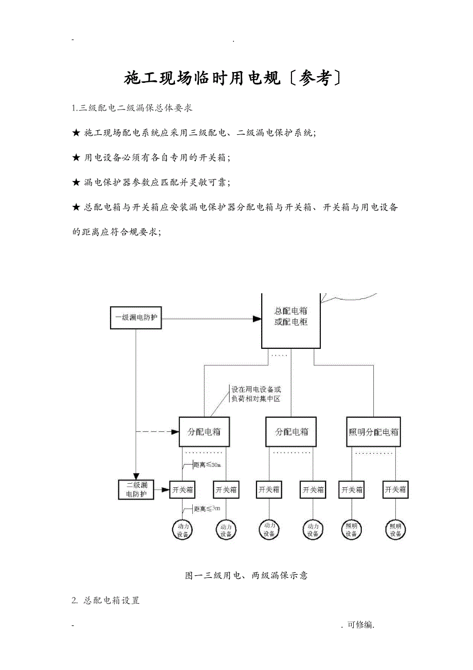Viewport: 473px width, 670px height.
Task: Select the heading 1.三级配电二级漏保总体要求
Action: click(x=133, y=108)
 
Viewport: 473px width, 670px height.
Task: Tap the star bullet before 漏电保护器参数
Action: click(x=76, y=182)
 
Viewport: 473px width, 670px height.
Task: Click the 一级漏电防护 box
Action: click(x=136, y=318)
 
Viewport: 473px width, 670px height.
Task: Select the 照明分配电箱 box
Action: click(x=373, y=432)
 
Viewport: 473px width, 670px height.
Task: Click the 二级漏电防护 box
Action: click(x=136, y=489)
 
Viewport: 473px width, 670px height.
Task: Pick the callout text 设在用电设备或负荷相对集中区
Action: click(x=256, y=394)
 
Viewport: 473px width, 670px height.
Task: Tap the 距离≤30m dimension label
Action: click(x=207, y=465)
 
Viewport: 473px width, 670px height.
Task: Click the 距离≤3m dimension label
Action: click(x=207, y=509)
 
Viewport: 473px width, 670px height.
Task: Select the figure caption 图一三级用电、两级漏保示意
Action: click(x=246, y=575)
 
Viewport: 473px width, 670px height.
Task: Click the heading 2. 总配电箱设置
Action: click(x=106, y=601)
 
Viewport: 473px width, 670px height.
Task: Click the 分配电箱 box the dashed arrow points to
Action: click(x=204, y=432)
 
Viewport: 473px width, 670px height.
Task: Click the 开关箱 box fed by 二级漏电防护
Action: click(x=183, y=490)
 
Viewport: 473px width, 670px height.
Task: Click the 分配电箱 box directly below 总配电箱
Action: click(x=291, y=432)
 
